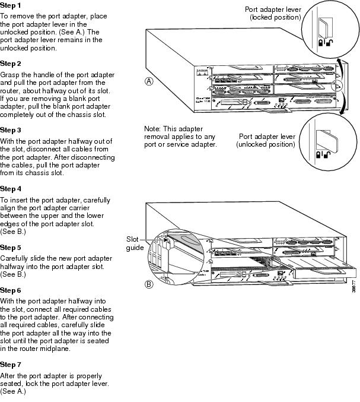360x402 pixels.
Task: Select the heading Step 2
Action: click(11, 63)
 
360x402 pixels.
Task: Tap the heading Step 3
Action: click(11, 129)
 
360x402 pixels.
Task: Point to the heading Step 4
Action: click(11, 188)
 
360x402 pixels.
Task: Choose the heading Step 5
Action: click(11, 246)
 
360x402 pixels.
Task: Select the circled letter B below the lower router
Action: click(151, 284)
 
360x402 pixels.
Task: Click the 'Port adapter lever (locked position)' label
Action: click(273, 13)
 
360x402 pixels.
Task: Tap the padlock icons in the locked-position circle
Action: click(324, 42)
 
